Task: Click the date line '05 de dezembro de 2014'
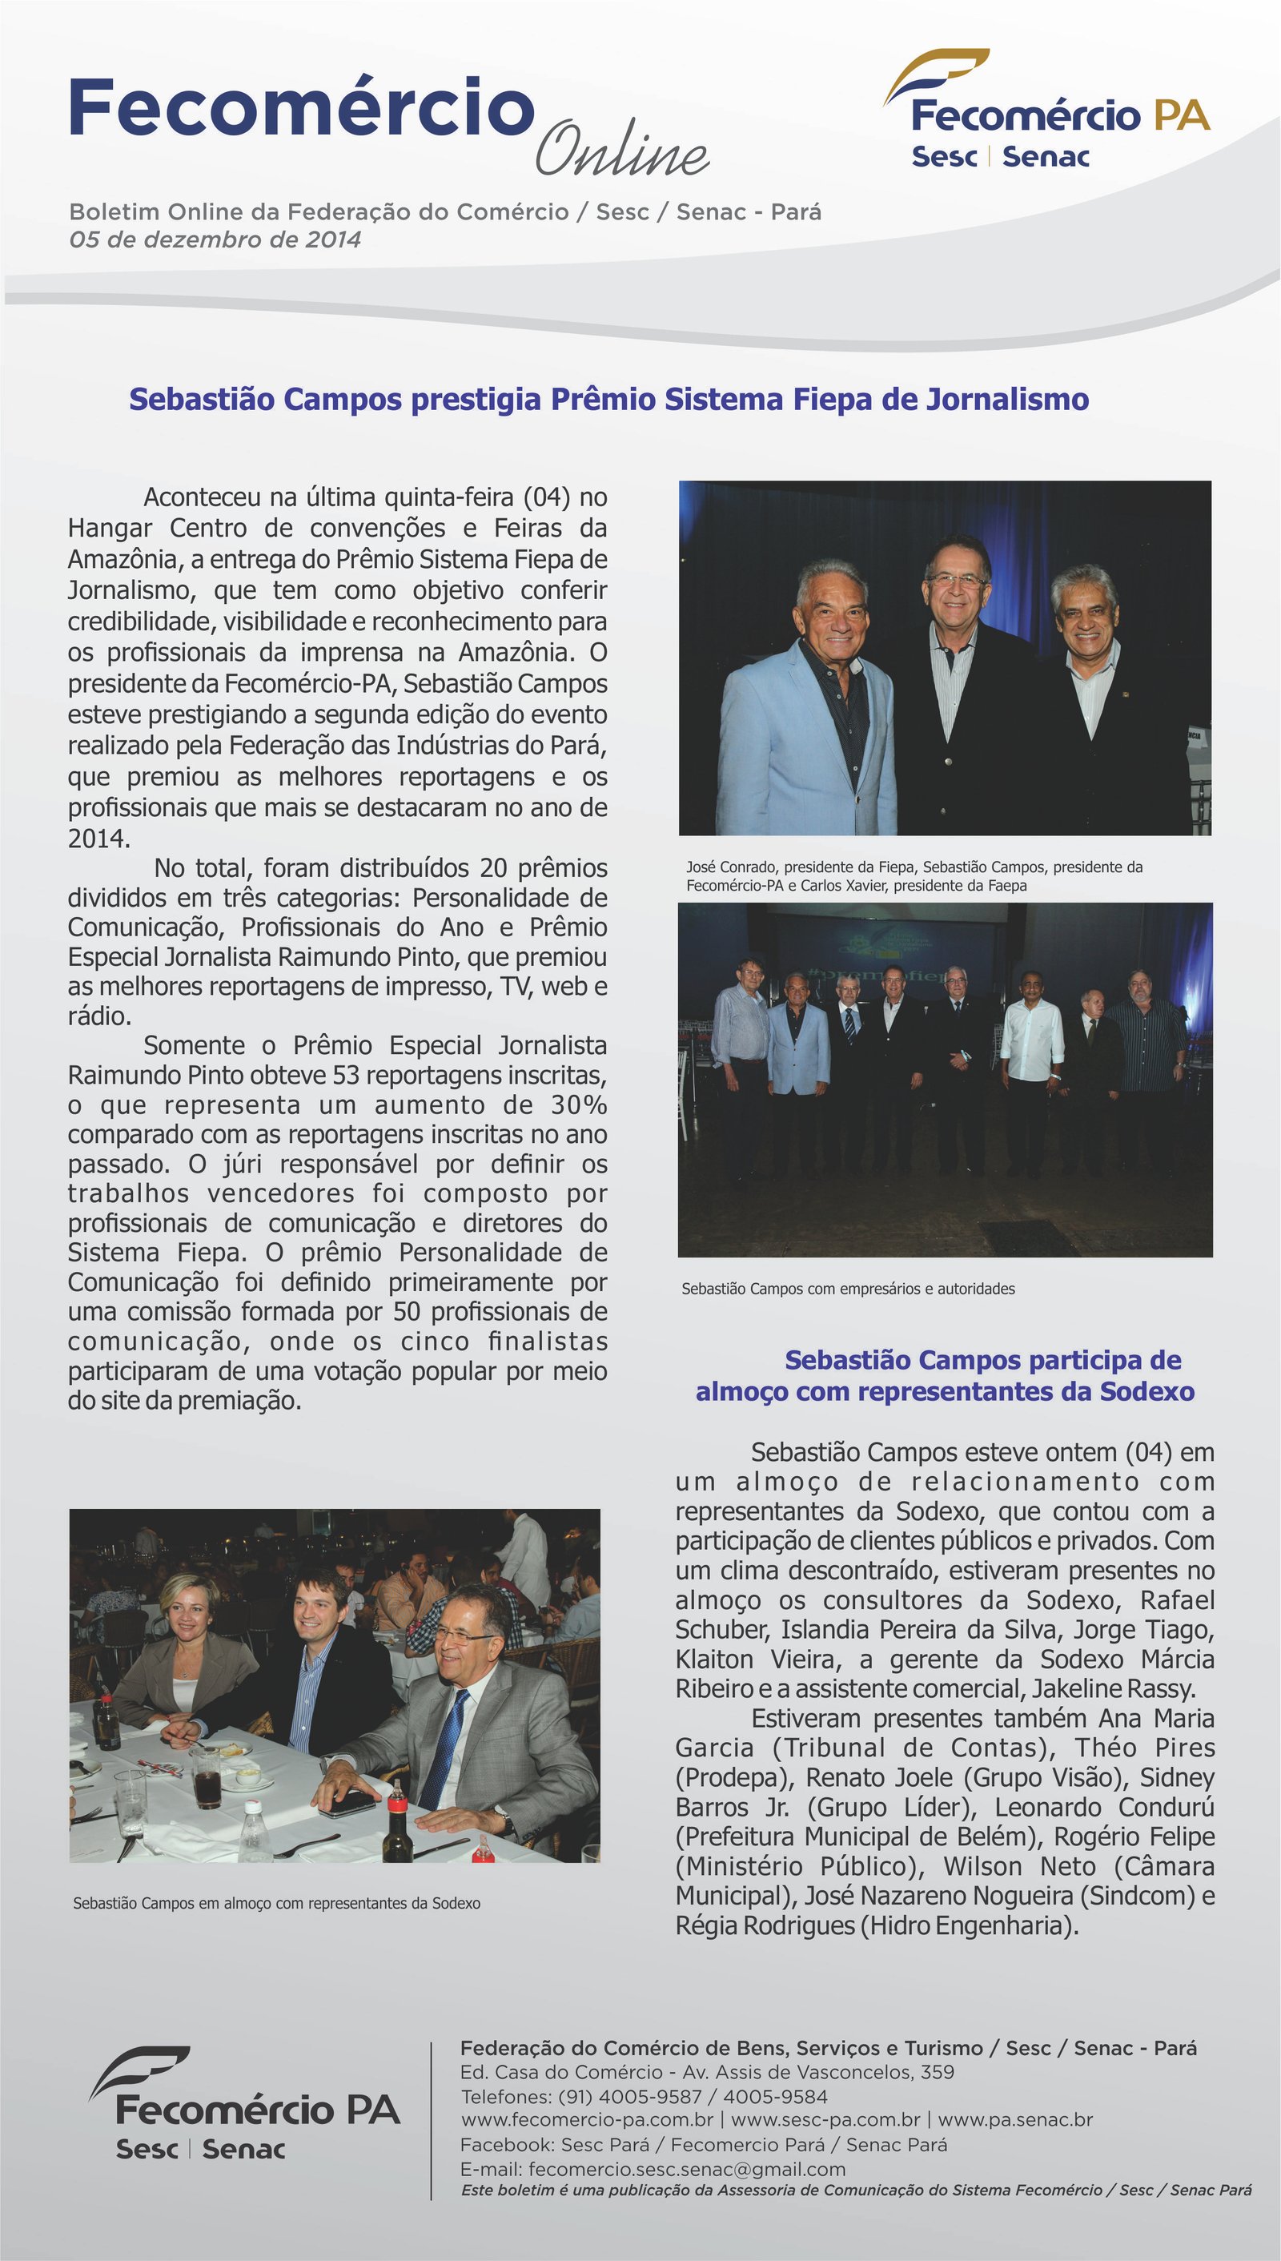(x=215, y=239)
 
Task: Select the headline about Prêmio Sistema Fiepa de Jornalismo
(x=608, y=400)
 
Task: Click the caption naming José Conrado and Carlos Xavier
(x=914, y=875)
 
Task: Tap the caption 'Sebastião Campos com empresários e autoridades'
(x=848, y=1289)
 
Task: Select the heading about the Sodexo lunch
(x=945, y=1376)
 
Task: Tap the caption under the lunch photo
(x=276, y=1903)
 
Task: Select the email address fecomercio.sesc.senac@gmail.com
(x=687, y=2170)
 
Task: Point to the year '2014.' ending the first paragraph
(x=98, y=838)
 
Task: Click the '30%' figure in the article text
(x=579, y=1104)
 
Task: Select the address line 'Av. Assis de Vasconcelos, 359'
(x=818, y=2072)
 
